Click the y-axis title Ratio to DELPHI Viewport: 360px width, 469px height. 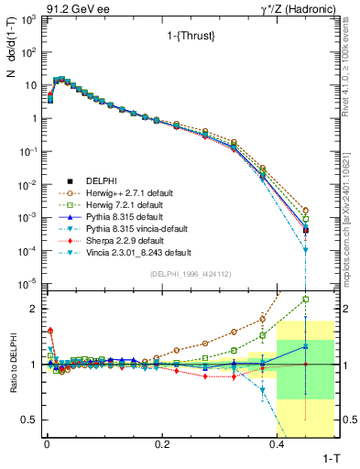(13, 364)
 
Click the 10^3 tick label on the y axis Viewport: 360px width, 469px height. (27, 19)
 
